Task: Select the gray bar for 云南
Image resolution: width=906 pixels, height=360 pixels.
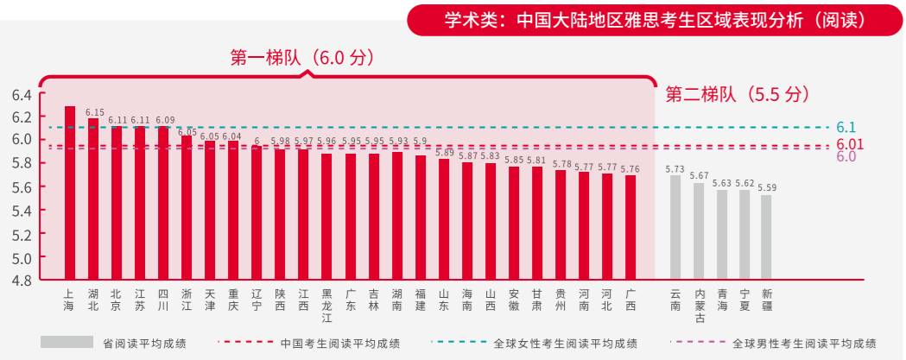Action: click(x=675, y=228)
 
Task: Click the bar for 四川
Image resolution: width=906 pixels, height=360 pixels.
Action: click(x=163, y=203)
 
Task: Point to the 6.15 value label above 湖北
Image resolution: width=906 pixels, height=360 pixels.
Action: click(x=95, y=112)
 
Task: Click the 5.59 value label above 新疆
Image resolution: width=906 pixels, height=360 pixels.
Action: click(x=767, y=187)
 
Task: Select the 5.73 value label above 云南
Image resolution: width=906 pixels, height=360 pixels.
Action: click(x=675, y=169)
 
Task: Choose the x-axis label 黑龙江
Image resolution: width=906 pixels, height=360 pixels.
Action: click(x=326, y=306)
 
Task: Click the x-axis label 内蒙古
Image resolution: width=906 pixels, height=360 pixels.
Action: click(x=700, y=306)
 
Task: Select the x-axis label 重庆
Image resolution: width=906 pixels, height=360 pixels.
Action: click(x=233, y=300)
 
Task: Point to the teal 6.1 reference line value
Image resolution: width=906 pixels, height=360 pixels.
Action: click(x=846, y=128)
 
